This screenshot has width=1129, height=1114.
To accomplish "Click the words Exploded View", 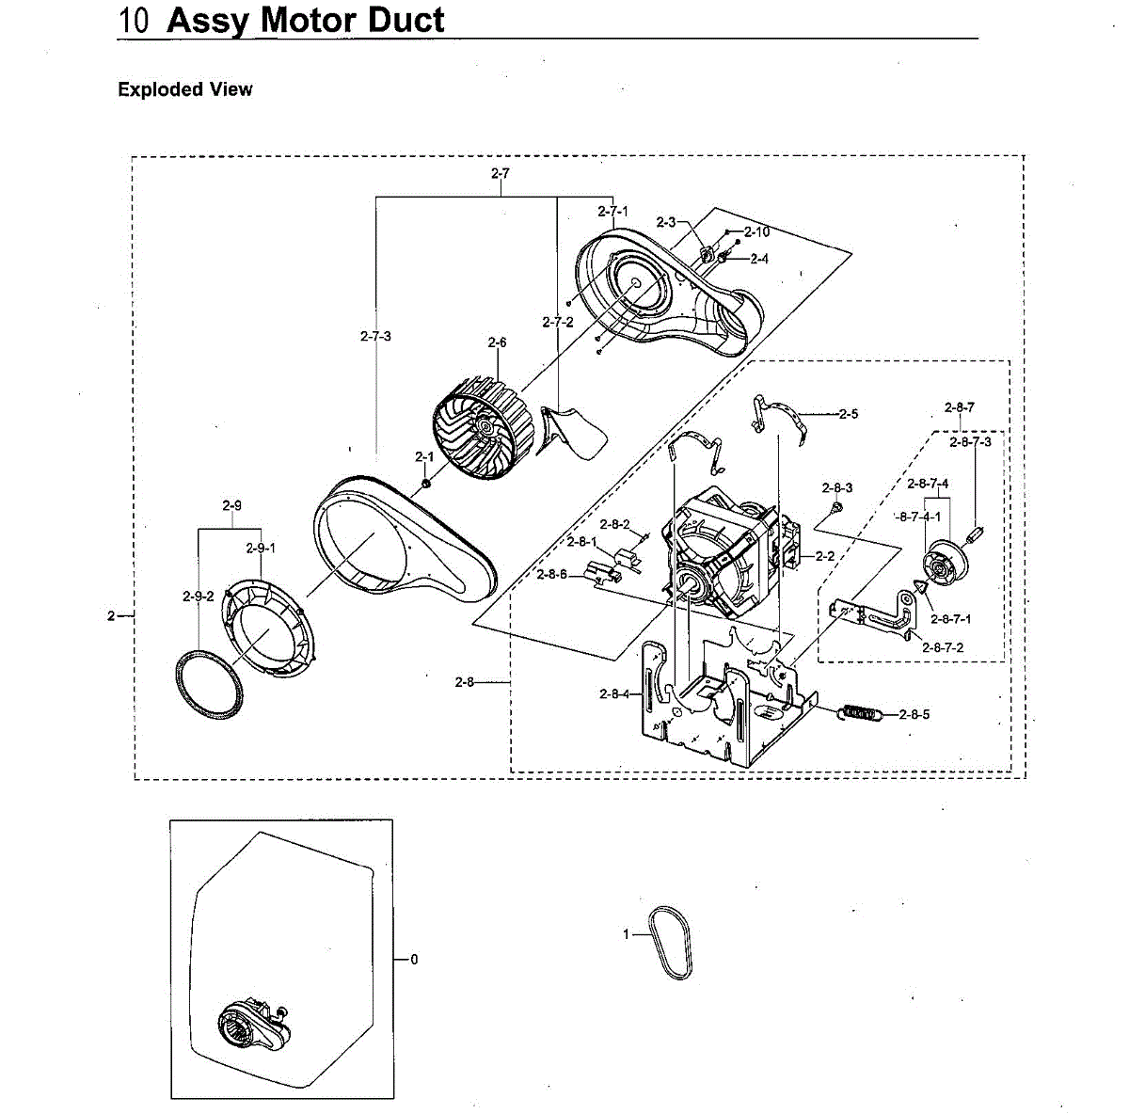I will pos(185,89).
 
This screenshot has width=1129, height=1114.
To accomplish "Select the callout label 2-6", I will pos(497,342).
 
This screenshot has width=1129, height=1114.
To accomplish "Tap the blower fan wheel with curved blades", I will pos(481,424).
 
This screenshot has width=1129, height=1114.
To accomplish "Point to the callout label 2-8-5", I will pos(914,714).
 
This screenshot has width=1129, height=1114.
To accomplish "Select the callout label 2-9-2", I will pos(199,596).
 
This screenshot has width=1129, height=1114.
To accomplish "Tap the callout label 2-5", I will pos(849,413).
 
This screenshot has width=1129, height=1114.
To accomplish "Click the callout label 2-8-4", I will pos(614,694).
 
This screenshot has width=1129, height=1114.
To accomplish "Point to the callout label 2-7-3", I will pos(375,336).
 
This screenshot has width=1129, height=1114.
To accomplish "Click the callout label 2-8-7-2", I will pos(943,647).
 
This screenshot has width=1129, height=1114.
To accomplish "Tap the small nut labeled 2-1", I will pos(425,484).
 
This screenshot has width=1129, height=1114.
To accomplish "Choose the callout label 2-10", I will pos(756,231).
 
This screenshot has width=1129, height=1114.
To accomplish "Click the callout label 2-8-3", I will pos(836,487).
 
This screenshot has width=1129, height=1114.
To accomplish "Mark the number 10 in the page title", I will pos(135,21).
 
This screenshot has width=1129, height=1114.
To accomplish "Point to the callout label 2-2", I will pos(825,556).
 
